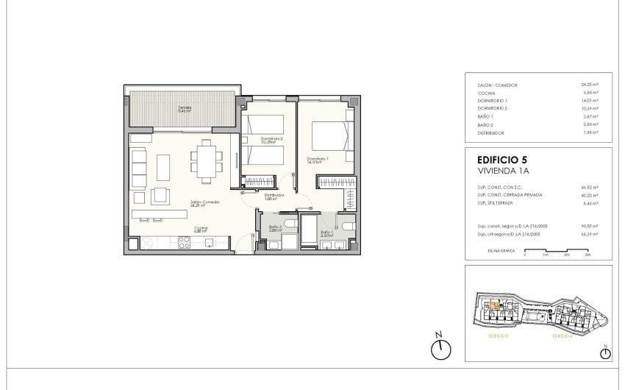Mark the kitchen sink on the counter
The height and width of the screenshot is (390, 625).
pos(209,241)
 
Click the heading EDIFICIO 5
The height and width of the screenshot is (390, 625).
pos(502,159)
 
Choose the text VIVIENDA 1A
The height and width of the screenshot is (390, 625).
pos(503,170)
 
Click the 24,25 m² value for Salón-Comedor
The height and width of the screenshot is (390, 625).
pos(589,85)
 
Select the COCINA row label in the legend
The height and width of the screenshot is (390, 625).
pos(486,93)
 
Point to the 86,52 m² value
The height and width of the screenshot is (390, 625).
pos(589,188)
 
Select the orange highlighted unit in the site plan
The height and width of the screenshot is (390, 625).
pos(495,305)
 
